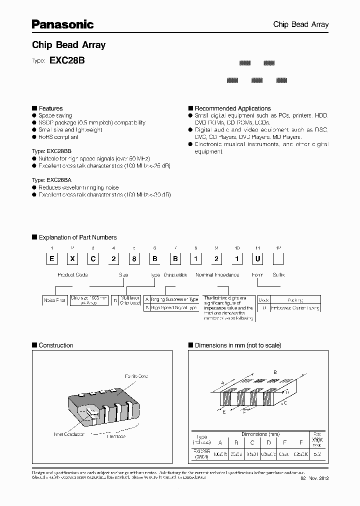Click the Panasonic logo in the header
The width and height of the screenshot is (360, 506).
(x=63, y=24)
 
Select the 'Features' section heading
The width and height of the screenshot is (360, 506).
(x=50, y=108)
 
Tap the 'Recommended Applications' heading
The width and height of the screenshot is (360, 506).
(x=232, y=108)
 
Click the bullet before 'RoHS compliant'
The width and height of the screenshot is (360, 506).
(x=34, y=137)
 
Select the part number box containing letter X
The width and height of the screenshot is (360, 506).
(x=72, y=259)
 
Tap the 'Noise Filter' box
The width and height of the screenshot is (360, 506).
(x=53, y=300)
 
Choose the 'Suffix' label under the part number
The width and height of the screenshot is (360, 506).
(x=278, y=275)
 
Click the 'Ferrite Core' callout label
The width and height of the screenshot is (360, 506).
(x=135, y=376)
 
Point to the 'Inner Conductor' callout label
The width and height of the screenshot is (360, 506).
(x=69, y=434)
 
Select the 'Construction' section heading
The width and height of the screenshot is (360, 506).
(x=55, y=345)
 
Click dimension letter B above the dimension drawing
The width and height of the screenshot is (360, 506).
(x=275, y=372)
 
